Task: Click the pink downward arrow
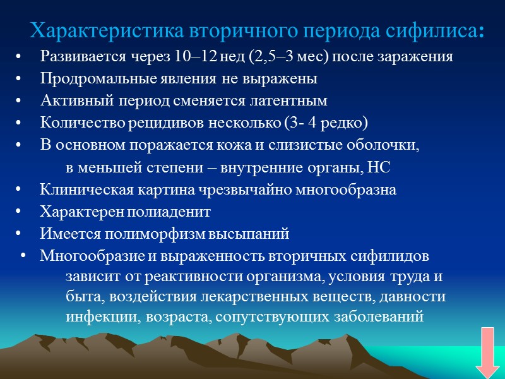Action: coord(487,352)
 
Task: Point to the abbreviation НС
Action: coord(389,167)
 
